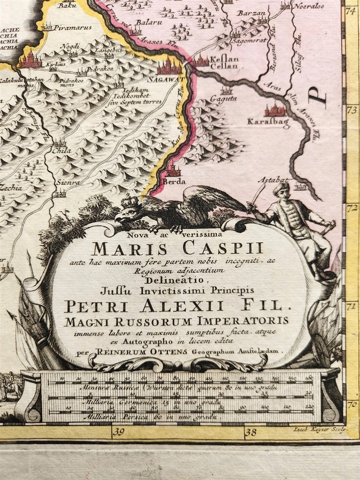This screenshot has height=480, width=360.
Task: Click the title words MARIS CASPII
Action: pyautogui.click(x=177, y=248)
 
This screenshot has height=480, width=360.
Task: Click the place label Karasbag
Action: pyautogui.click(x=268, y=122)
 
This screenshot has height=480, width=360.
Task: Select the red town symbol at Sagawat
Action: pyautogui.click(x=169, y=66)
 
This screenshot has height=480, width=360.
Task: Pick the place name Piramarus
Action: pyautogui.click(x=72, y=27)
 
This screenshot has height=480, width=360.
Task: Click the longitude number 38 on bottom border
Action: pyautogui.click(x=251, y=432)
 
